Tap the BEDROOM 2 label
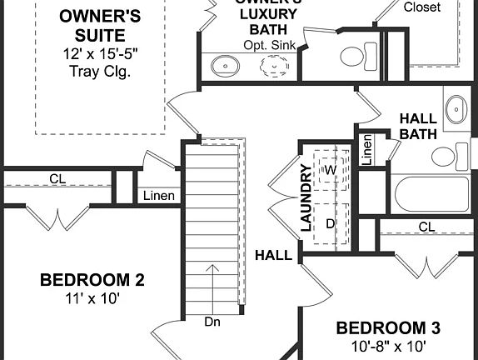pyautogui.click(x=92, y=280)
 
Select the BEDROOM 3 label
pyautogui.click(x=388, y=327)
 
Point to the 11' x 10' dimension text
pyautogui.click(x=92, y=297)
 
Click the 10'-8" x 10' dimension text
pyautogui.click(x=388, y=345)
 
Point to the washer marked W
pyautogui.click(x=330, y=170)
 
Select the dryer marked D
pyautogui.click(x=330, y=223)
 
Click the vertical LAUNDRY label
pyautogui.click(x=306, y=197)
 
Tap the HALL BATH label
pyautogui.click(x=419, y=126)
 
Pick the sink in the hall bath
pyautogui.click(x=455, y=108)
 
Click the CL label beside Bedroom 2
pyautogui.click(x=57, y=178)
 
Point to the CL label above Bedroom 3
pyautogui.click(x=426, y=227)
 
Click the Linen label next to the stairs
pyautogui.click(x=158, y=197)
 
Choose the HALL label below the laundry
pyautogui.click(x=273, y=255)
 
